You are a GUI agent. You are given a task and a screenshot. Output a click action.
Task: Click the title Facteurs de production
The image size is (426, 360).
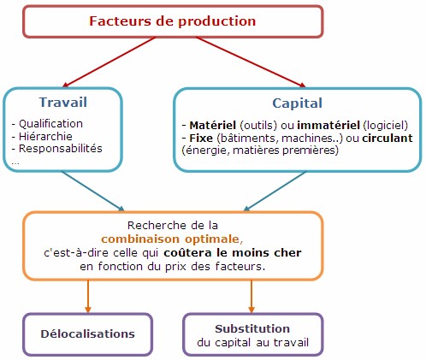(173, 21)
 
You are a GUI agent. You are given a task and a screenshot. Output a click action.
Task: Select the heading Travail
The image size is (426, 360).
(63, 103)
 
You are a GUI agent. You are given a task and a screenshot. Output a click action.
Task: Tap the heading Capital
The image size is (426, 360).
(297, 103)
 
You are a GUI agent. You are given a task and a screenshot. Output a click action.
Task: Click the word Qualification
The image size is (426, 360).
(50, 124)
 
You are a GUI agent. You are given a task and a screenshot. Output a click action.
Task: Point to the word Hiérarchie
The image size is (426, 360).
(45, 136)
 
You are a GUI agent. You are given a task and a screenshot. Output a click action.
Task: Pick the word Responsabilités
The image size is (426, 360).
(61, 149)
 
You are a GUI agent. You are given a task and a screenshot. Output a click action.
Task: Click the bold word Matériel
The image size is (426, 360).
(213, 126)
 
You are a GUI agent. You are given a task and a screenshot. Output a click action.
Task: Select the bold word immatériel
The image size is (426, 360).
(328, 126)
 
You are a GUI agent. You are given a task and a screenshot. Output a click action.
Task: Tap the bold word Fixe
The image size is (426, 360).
(201, 139)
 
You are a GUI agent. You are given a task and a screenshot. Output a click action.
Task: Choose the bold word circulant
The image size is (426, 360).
(388, 139)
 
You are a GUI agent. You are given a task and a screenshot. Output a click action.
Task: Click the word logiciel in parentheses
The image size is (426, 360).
(386, 126)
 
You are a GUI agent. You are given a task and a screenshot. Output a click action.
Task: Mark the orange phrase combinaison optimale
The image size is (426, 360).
(170, 239)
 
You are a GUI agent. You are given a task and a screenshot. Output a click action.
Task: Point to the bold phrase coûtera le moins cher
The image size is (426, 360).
(233, 253)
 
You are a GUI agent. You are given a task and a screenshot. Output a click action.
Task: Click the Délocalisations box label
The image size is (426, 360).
(88, 334)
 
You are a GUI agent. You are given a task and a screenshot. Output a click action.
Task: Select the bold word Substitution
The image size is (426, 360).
(252, 329)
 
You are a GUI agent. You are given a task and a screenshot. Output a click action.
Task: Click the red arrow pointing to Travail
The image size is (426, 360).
(109, 62)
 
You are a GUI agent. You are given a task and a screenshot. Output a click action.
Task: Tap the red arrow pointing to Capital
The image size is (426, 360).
(251, 62)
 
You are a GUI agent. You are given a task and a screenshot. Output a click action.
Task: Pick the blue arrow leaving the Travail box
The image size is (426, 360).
(93, 191)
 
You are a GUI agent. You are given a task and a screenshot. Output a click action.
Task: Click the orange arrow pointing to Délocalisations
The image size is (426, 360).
(88, 296)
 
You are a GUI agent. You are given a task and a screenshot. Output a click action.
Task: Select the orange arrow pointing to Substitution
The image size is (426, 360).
(251, 296)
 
